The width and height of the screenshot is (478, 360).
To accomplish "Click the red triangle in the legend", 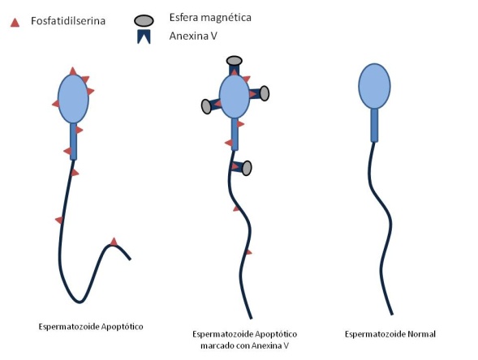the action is [15, 23].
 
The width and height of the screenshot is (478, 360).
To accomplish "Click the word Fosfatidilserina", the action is [68, 21].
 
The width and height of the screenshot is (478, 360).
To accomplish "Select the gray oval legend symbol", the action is [144, 20].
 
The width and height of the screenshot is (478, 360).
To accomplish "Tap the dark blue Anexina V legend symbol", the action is [144, 36].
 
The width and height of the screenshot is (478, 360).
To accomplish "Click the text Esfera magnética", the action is [210, 17].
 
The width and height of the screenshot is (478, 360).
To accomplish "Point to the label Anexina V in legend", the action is [193, 36].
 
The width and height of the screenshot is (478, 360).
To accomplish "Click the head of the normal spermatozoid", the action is [374, 86].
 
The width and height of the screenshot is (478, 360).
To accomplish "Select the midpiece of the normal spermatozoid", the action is [374, 125].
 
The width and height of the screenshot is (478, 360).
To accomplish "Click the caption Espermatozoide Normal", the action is [390, 334].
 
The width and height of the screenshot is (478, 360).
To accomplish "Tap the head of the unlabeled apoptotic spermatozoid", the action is [73, 99].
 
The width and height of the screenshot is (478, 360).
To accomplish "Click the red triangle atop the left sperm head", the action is [72, 71].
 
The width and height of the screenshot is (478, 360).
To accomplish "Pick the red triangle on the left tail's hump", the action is [114, 242].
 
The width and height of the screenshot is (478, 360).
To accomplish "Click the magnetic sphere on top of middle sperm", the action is [234, 61].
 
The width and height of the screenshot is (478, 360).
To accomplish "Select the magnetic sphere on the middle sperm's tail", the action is [247, 168].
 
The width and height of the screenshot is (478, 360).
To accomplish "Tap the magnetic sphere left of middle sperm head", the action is [206, 106].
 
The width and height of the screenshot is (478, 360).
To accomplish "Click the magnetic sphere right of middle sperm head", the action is [265, 93].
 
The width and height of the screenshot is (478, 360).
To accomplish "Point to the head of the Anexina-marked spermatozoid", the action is [235, 96].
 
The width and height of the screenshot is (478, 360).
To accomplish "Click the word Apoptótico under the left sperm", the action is [122, 327].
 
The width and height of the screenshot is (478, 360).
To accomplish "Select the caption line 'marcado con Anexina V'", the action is [244, 345].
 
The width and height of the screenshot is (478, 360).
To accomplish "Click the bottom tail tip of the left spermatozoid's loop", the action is [80, 302].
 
